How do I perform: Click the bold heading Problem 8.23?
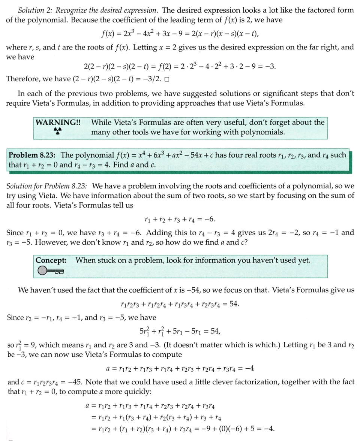(33, 155)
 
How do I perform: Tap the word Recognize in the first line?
(74, 10)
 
